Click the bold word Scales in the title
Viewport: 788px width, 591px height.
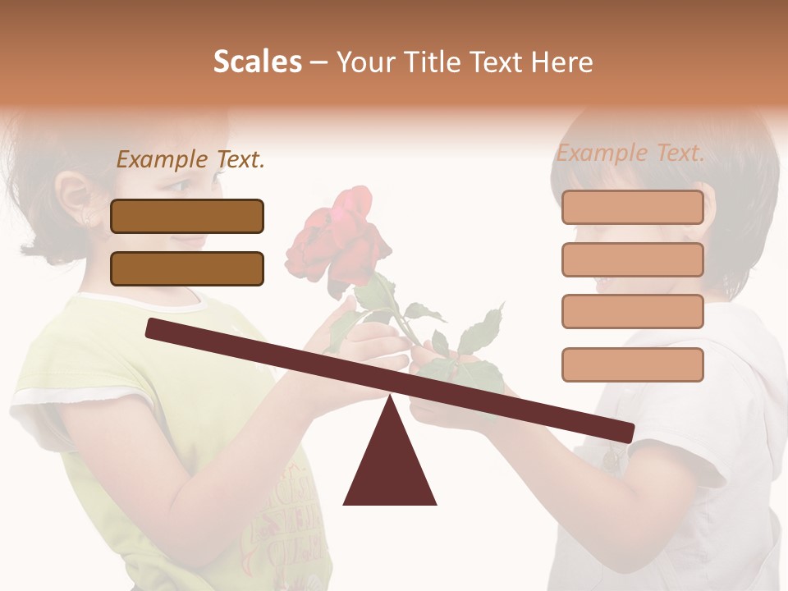257,62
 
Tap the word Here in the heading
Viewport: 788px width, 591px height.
561,62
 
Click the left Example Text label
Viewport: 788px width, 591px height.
190,159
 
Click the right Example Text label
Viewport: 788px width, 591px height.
630,153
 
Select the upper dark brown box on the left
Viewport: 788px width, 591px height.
187,216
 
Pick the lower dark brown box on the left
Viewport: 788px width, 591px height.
187,268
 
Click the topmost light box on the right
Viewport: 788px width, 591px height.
632,207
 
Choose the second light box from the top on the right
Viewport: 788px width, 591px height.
632,259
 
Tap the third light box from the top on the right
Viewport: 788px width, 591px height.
632,311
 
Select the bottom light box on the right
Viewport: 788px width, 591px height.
632,364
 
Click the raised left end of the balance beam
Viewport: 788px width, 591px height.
156,328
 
